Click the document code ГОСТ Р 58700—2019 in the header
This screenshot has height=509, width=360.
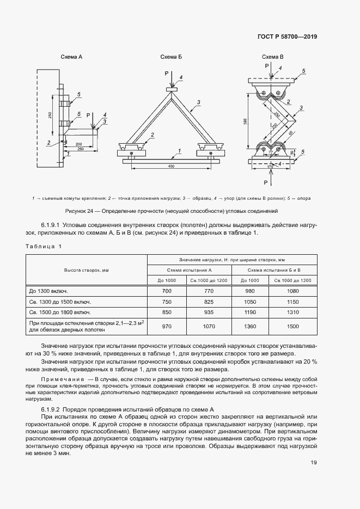tap(287, 37)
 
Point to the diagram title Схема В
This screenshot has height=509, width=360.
tap(272, 57)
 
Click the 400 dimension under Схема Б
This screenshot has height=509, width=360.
tap(172, 165)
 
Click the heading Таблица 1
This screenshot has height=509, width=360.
tap(44, 247)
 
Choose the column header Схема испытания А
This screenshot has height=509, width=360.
tap(190, 270)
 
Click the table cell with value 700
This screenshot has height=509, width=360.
tap(167, 291)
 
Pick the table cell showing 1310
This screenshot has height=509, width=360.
tap(293, 313)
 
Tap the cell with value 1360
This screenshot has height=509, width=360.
tap(251, 326)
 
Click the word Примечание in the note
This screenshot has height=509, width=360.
tap(66, 378)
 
